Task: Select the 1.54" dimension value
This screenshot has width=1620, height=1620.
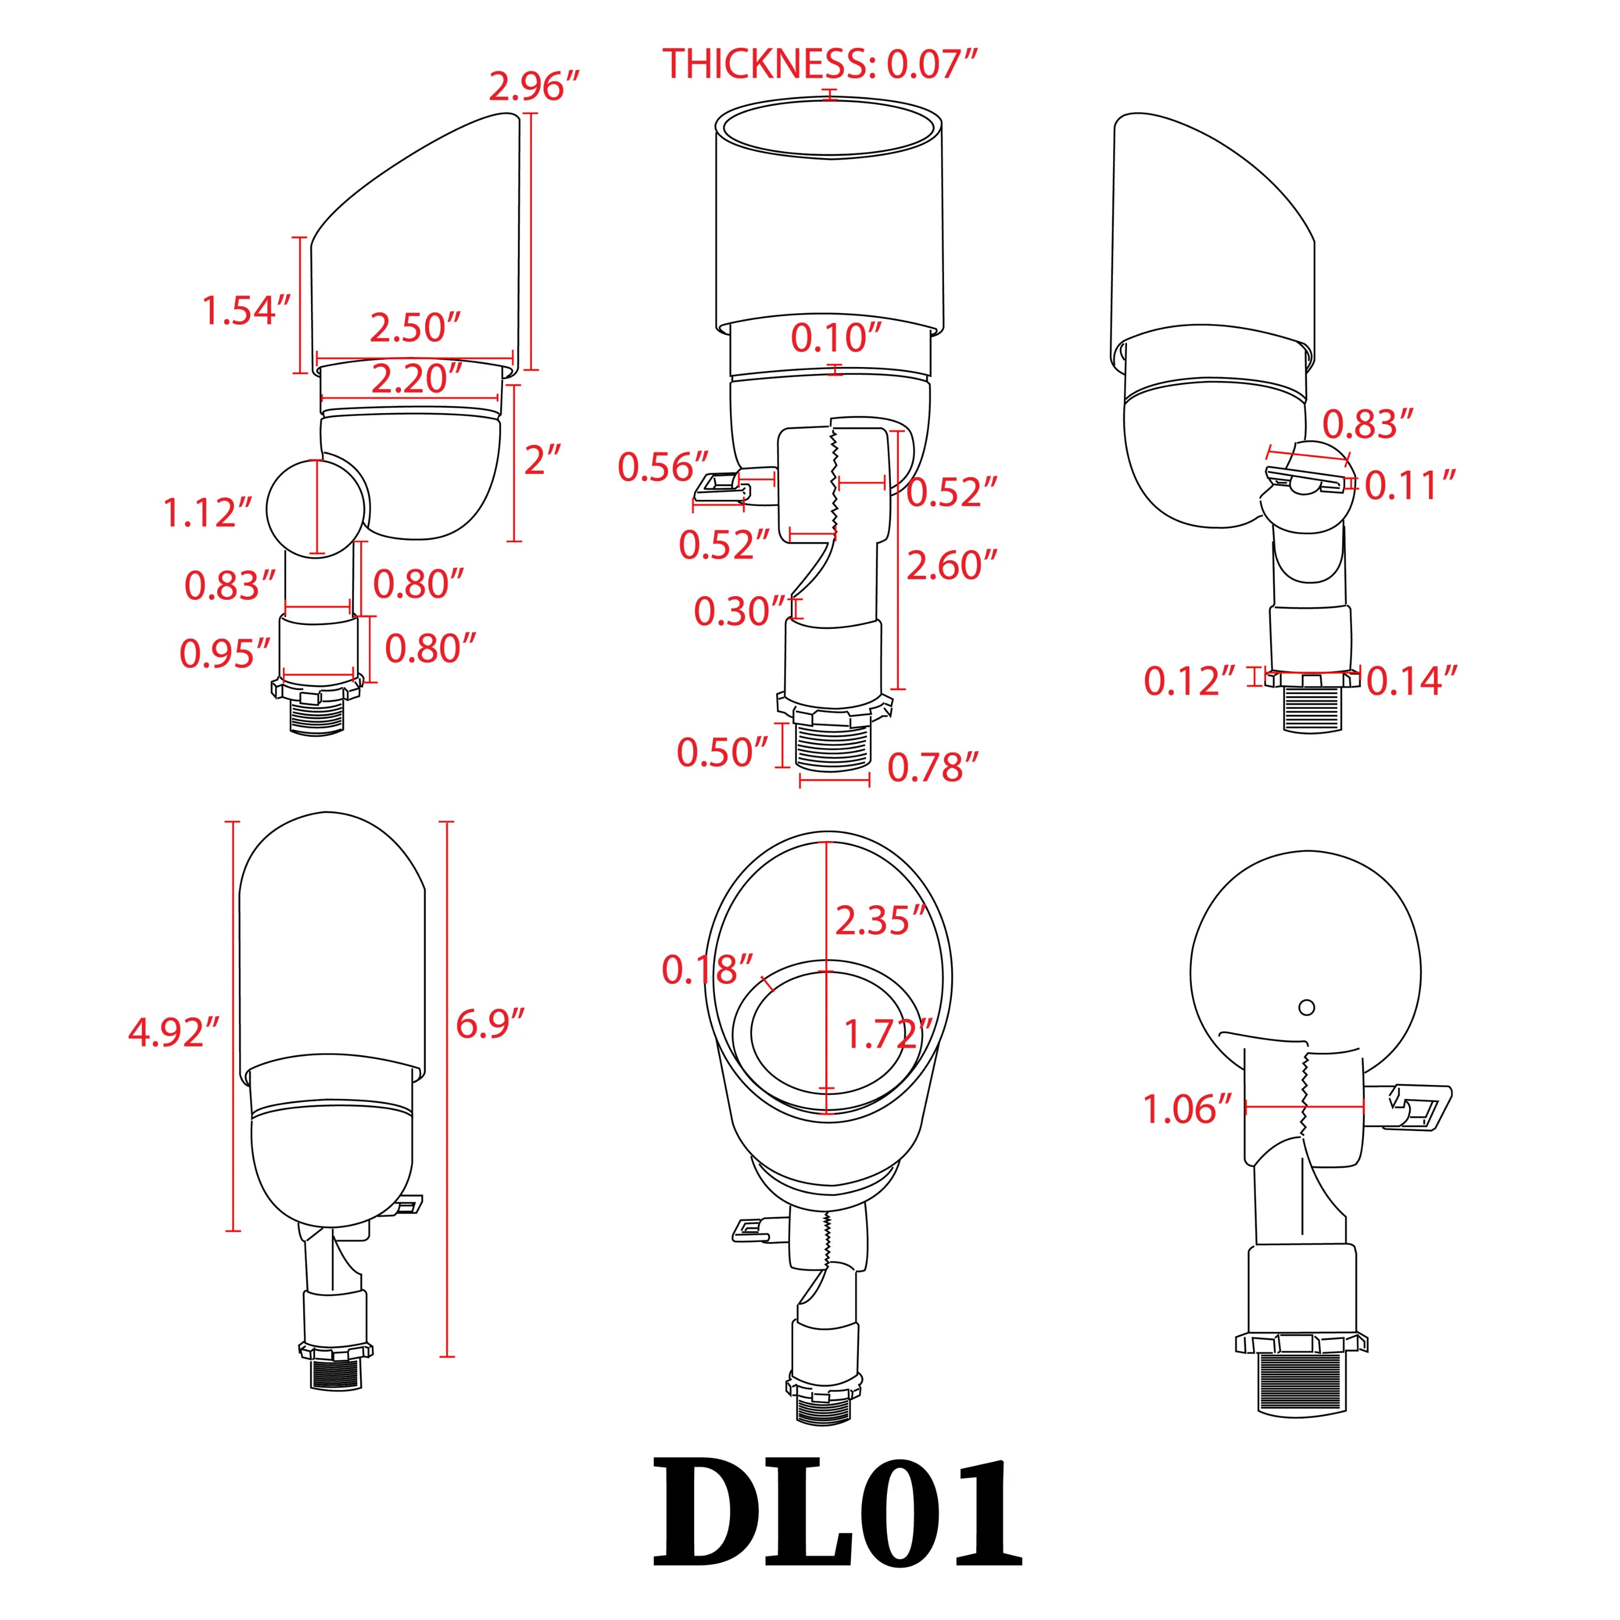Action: [x=247, y=310]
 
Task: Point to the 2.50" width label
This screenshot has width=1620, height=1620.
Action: [x=416, y=328]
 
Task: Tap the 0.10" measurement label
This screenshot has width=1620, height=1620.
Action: [x=837, y=338]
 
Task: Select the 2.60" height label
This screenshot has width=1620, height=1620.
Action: [x=952, y=566]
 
